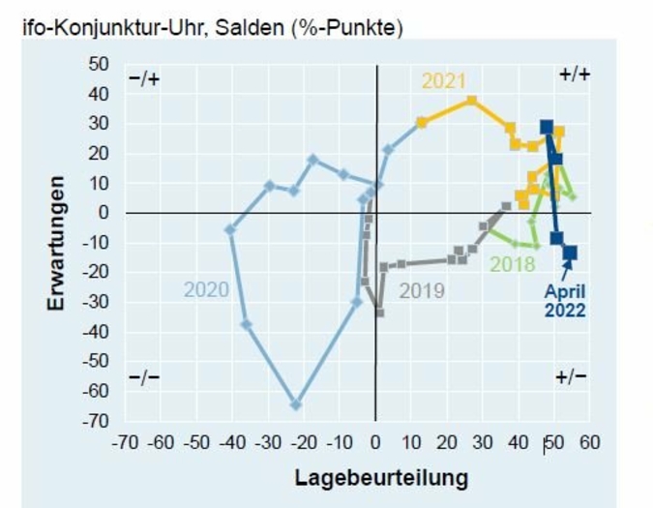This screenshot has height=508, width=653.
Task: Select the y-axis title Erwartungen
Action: [x=57, y=243]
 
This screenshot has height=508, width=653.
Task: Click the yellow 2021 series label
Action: [x=443, y=81]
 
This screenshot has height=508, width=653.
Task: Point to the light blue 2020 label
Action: [x=206, y=289]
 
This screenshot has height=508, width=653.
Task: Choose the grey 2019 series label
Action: [x=422, y=289]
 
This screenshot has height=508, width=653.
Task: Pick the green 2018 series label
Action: [x=513, y=264]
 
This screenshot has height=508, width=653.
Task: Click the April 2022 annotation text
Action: [x=564, y=300]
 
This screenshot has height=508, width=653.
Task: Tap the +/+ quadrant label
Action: [x=575, y=75]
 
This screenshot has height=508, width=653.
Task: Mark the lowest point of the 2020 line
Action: [x=295, y=404]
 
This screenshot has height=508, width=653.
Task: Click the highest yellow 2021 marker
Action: [x=471, y=101]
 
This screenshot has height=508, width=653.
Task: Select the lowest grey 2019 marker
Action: [x=379, y=313]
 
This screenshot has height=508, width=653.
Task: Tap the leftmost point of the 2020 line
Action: [x=230, y=229]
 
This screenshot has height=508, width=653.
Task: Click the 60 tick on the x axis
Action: [x=590, y=443]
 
